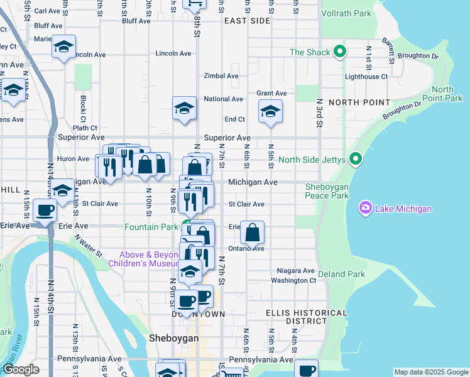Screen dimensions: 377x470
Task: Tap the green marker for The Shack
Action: click(x=341, y=52)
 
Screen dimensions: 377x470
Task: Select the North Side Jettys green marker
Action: click(x=356, y=159)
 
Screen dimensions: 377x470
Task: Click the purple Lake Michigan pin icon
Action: click(x=365, y=208)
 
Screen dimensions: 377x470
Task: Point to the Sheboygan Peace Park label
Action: click(x=326, y=191)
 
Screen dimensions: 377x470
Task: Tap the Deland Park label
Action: click(x=341, y=275)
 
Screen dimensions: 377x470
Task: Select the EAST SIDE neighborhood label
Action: click(x=246, y=21)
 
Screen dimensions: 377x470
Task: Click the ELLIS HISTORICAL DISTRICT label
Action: click(x=305, y=317)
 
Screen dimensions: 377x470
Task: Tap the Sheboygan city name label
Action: click(x=174, y=338)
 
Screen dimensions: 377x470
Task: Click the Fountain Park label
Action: click(x=151, y=227)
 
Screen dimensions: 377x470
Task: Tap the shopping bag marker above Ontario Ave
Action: click(x=252, y=232)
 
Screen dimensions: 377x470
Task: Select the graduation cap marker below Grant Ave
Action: click(x=270, y=111)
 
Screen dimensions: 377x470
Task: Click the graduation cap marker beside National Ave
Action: click(x=184, y=107)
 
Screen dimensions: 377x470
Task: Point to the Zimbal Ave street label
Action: click(x=221, y=76)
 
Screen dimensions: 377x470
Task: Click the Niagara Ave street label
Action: click(x=292, y=271)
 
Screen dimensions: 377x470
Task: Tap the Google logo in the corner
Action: click(x=20, y=369)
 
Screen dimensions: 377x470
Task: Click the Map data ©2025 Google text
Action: click(x=430, y=372)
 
